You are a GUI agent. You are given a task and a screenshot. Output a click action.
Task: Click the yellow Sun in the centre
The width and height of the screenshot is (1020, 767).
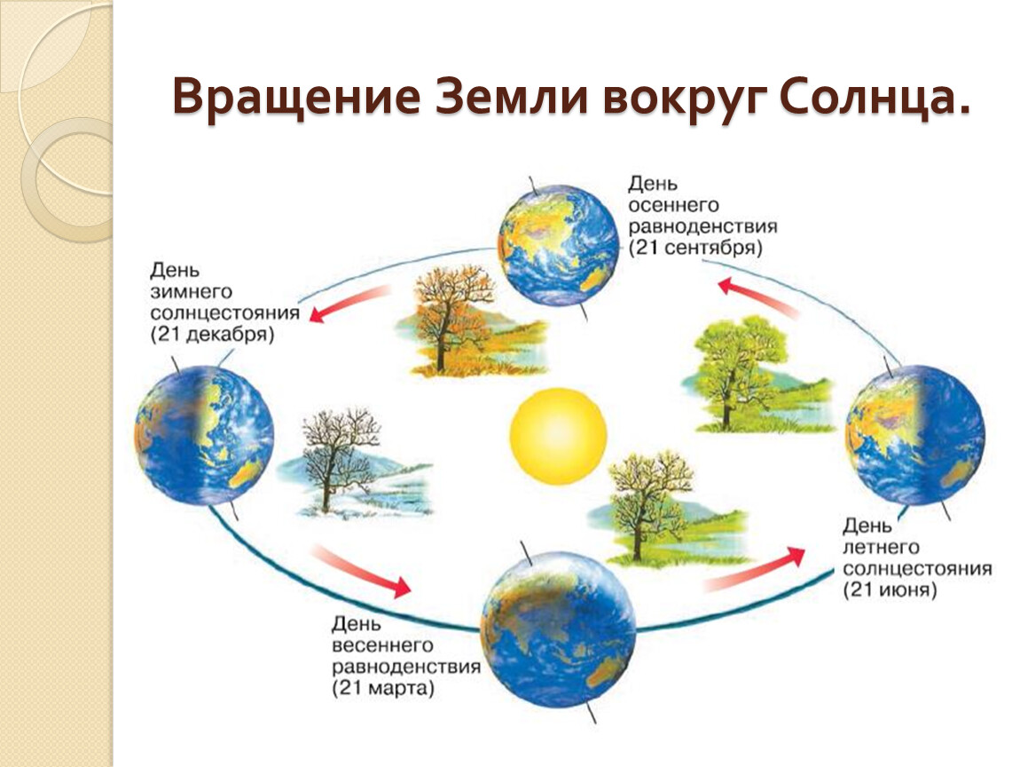click(x=558, y=436)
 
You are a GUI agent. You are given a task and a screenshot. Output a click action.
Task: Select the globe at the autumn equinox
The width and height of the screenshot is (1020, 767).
click(x=558, y=246)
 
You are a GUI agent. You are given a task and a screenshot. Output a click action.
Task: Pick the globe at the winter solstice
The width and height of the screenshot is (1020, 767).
click(x=204, y=436)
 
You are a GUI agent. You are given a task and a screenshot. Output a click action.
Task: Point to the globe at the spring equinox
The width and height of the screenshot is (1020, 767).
click(x=558, y=629)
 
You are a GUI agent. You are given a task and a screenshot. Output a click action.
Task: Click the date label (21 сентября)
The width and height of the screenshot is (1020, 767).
click(x=694, y=248)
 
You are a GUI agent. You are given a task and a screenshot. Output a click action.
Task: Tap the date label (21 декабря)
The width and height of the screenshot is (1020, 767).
click(x=212, y=335)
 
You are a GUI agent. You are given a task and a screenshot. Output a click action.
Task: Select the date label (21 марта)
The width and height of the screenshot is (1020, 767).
click(x=382, y=688)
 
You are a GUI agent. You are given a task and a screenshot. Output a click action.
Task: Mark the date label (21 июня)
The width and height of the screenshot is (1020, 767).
click(x=890, y=590)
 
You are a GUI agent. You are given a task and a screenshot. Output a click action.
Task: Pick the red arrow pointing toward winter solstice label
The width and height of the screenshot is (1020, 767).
click(x=350, y=304)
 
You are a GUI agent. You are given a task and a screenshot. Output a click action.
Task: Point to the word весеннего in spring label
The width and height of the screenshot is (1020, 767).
click(x=382, y=645)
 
